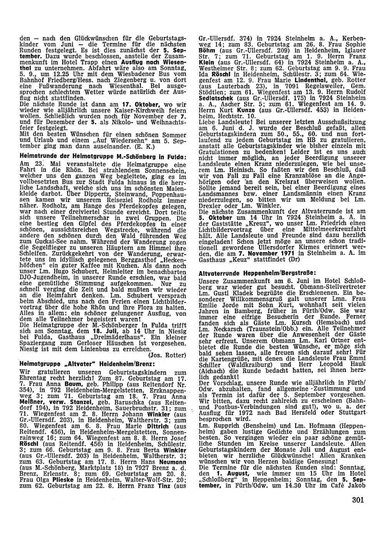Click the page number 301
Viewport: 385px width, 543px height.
[358, 500]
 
